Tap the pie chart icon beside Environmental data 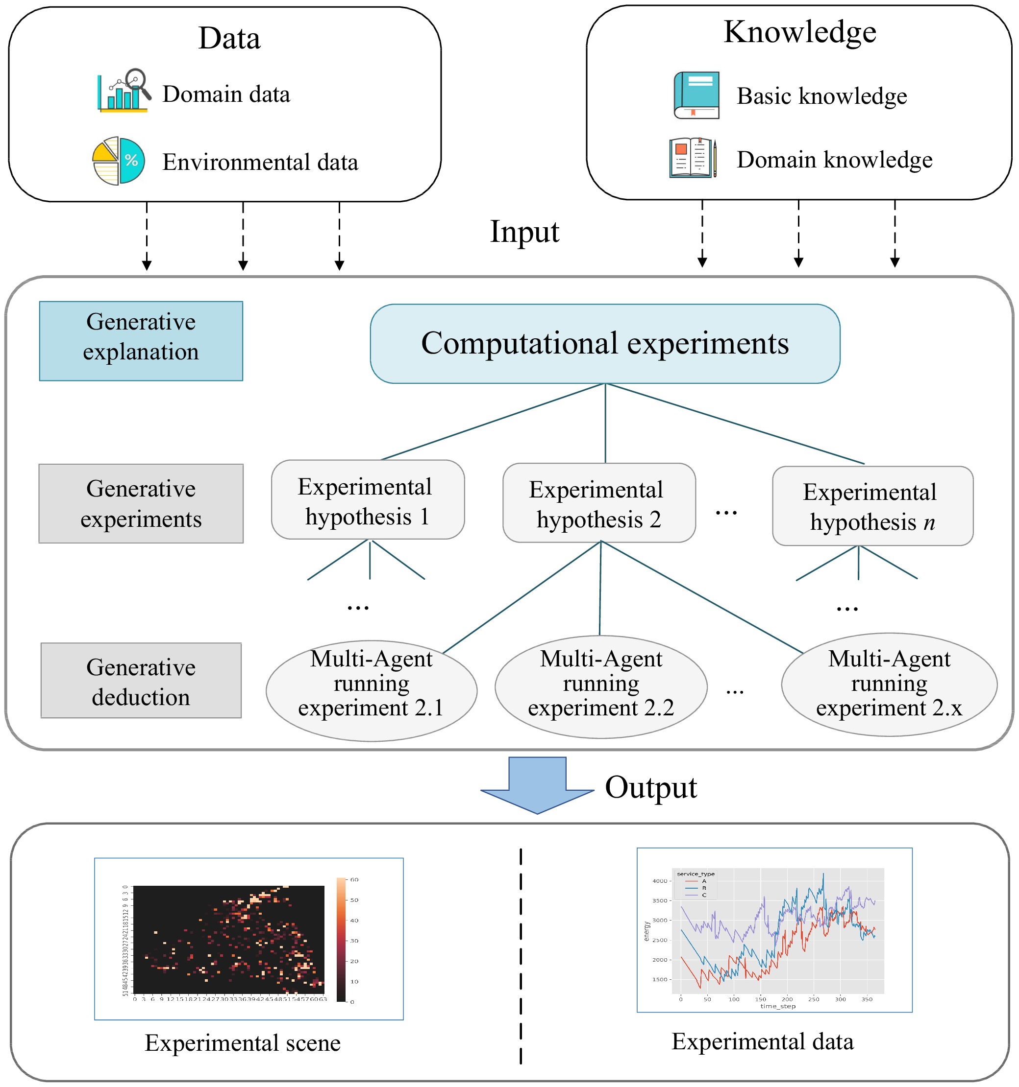pyautogui.click(x=118, y=161)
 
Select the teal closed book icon pyautogui.click(x=696, y=95)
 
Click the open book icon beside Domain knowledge pyautogui.click(x=692, y=158)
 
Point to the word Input pyautogui.click(x=524, y=232)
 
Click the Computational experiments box pyautogui.click(x=604, y=344)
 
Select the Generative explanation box pyautogui.click(x=141, y=341)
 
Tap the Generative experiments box pyautogui.click(x=141, y=503)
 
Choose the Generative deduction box pyautogui.click(x=141, y=681)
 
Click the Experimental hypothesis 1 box pyautogui.click(x=367, y=500)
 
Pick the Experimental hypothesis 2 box pyautogui.click(x=598, y=503)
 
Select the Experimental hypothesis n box pyautogui.click(x=872, y=506)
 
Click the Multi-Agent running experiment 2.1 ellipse pyautogui.click(x=371, y=690)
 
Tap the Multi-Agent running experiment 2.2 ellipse pyautogui.click(x=600, y=687)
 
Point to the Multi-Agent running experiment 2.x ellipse pyautogui.click(x=889, y=685)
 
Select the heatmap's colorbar pyautogui.click(x=341, y=941)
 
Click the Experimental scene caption pyautogui.click(x=243, y=1043)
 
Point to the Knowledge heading pyautogui.click(x=799, y=32)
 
